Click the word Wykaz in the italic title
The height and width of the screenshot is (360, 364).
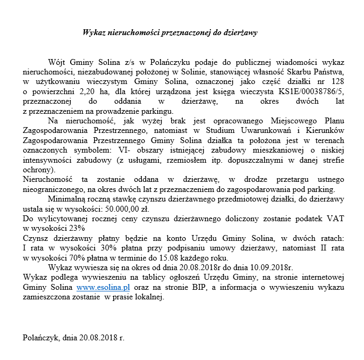coord(95,32)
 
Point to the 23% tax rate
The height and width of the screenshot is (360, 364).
coord(77,228)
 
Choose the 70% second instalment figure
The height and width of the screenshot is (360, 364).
coord(77,256)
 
